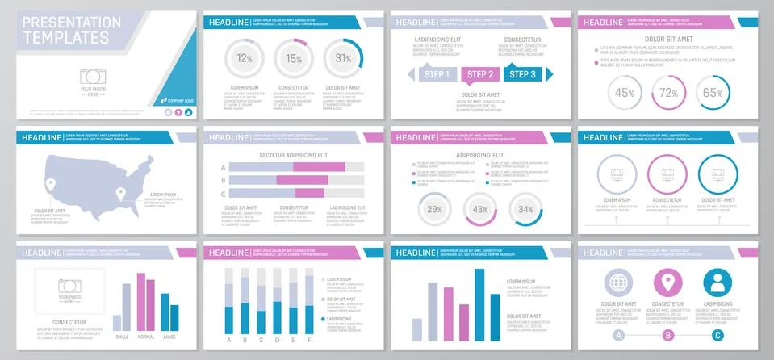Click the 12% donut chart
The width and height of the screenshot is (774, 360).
pyautogui.click(x=245, y=58)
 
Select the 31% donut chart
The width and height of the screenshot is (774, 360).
pyautogui.click(x=343, y=58)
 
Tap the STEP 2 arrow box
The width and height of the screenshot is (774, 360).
pyautogui.click(x=480, y=75)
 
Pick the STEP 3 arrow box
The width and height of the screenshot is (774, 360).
pyautogui.click(x=523, y=75)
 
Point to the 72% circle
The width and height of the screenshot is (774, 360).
pyautogui.click(x=668, y=93)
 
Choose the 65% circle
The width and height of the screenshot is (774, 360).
pyautogui.click(x=712, y=93)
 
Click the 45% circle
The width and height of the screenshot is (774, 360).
pyautogui.click(x=625, y=93)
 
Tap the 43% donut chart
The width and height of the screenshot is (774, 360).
pyautogui.click(x=480, y=210)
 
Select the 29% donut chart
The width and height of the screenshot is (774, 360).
pyautogui.click(x=435, y=210)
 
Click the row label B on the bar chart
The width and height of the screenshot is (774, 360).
pyautogui.click(x=223, y=181)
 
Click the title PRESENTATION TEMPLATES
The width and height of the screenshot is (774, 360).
pyautogui.click(x=67, y=31)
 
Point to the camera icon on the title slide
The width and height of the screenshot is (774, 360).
pyautogui.click(x=93, y=77)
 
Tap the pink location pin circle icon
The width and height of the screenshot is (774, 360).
pyautogui.click(x=668, y=283)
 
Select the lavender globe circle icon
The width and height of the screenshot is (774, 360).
pyautogui.click(x=619, y=283)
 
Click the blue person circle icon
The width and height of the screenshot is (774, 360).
pyautogui.click(x=718, y=283)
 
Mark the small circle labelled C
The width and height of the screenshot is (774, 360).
pyautogui.click(x=718, y=335)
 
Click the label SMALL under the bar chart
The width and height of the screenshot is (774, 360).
pyautogui.click(x=122, y=337)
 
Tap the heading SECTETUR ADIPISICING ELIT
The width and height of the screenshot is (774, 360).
pyautogui.click(x=293, y=154)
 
